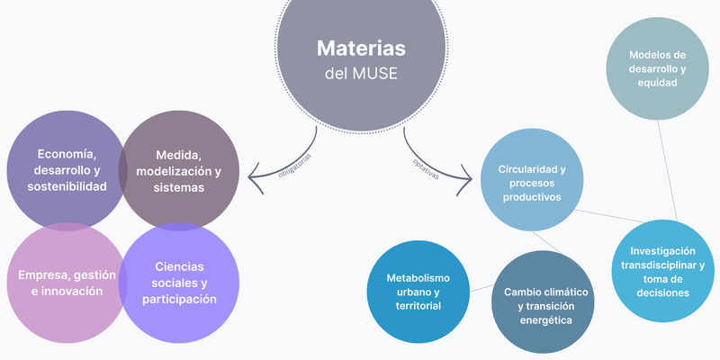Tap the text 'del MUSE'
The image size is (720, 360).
pyautogui.click(x=360, y=73)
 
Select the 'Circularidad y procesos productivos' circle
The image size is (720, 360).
pyautogui.click(x=531, y=179)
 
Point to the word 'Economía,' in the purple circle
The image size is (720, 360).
pyautogui.click(x=67, y=153)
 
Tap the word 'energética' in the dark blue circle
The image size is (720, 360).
pyautogui.click(x=545, y=321)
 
